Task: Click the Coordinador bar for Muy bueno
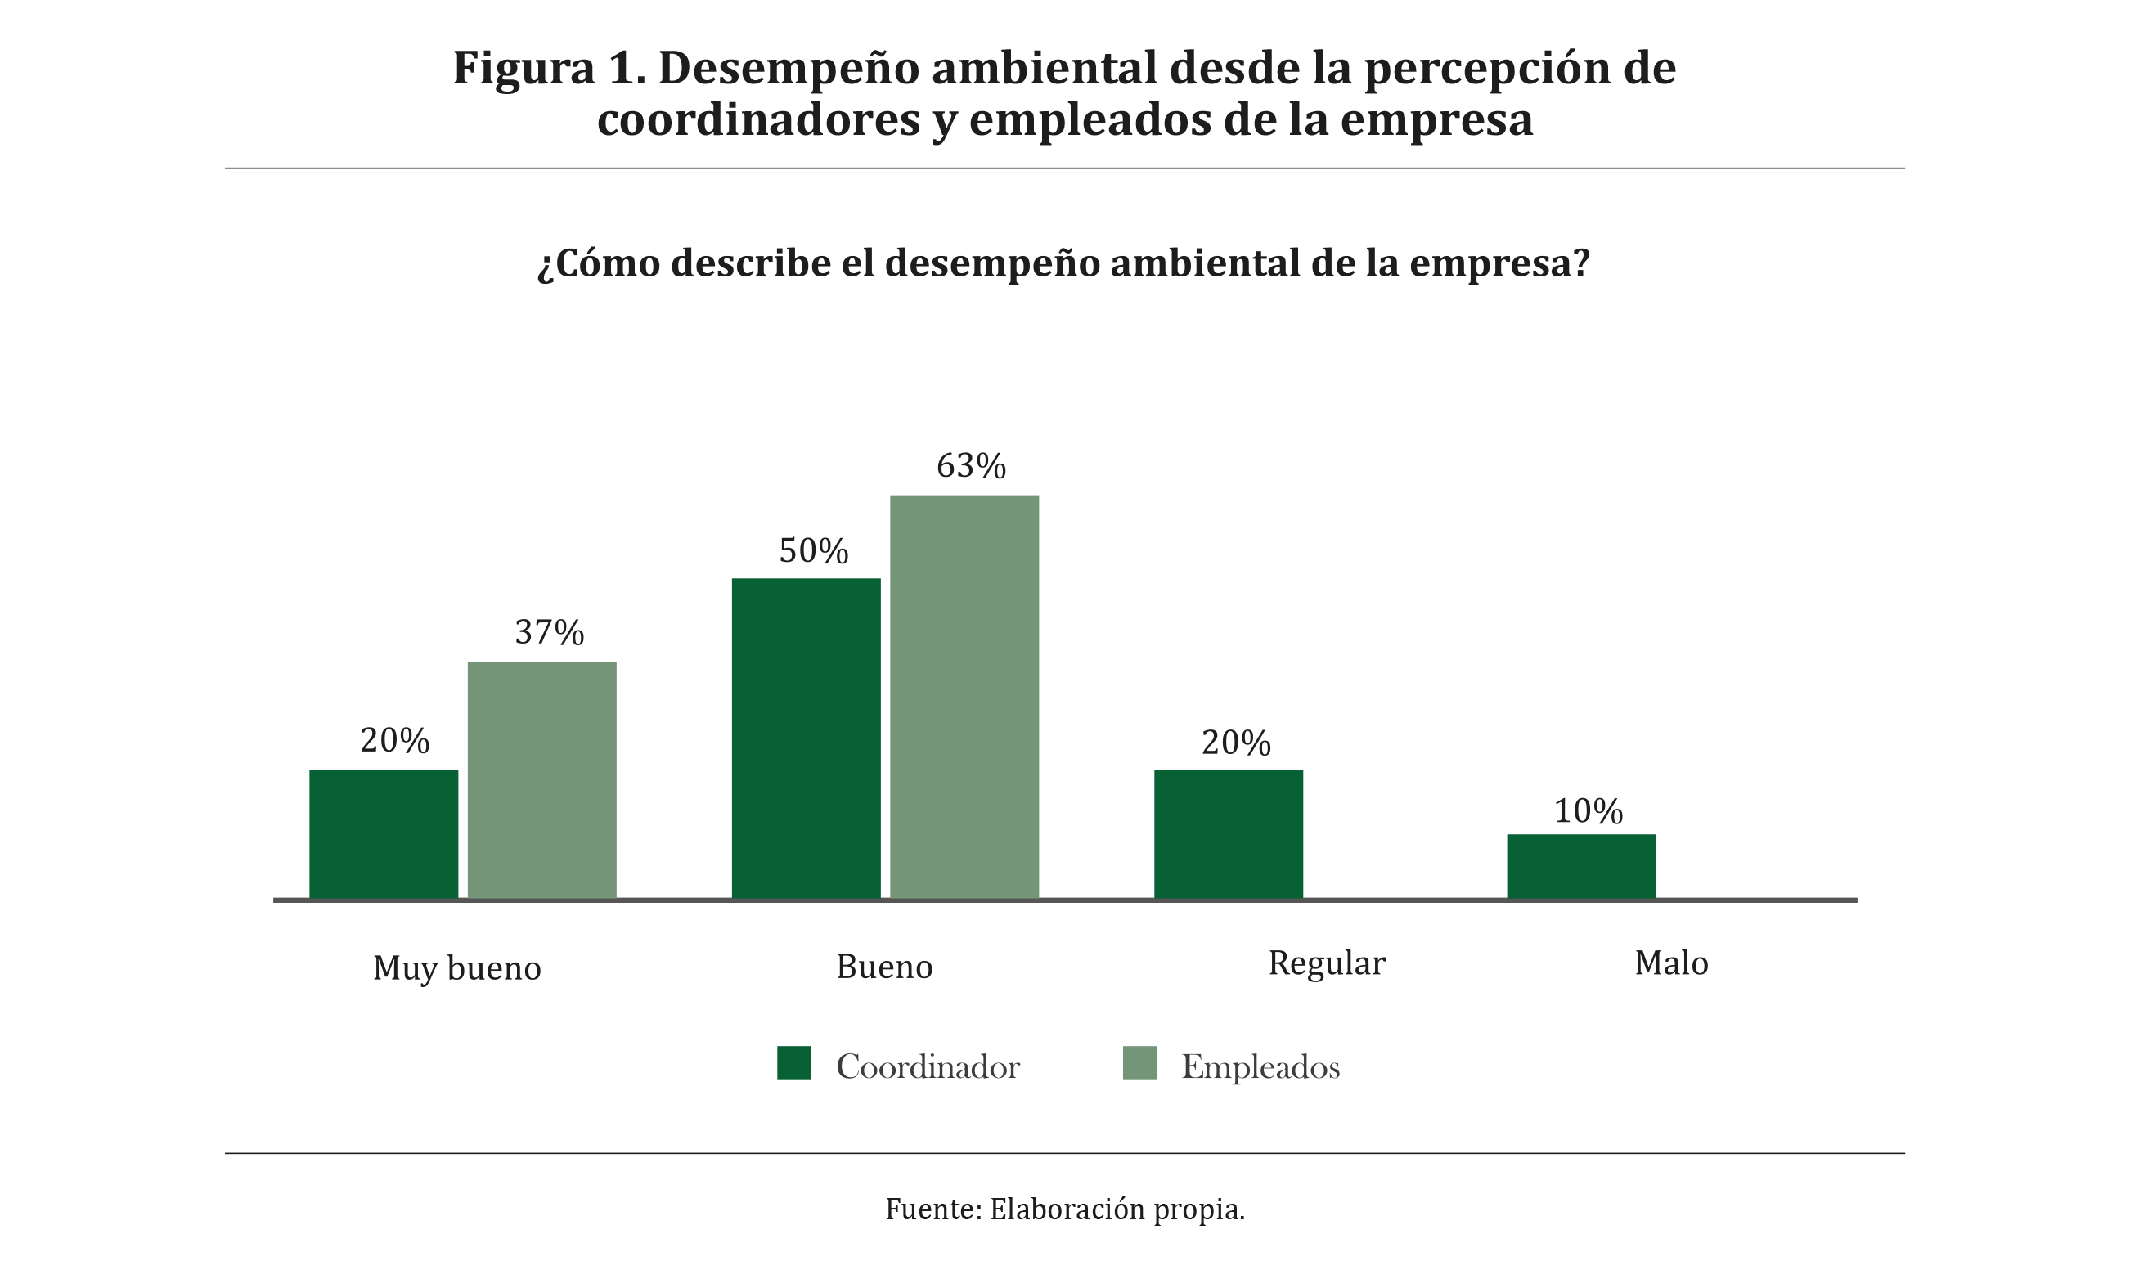pos(384,834)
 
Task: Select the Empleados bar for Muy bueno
pos(541,780)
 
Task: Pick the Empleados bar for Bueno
pos(964,697)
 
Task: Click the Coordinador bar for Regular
pos(1228,834)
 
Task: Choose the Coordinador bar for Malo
pos(1580,866)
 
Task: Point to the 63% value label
pos(970,466)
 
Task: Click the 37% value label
pos(549,632)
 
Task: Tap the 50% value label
pos(813,551)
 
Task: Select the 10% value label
pos(1588,811)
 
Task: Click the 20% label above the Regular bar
pos(1236,743)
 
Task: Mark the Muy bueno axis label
pos(457,969)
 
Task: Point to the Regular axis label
pos(1327,963)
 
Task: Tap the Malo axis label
pos(1671,963)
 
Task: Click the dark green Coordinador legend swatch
pos(793,1063)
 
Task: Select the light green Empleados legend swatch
pos(1139,1063)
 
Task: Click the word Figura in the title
pos(523,69)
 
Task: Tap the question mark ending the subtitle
pos(1580,263)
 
